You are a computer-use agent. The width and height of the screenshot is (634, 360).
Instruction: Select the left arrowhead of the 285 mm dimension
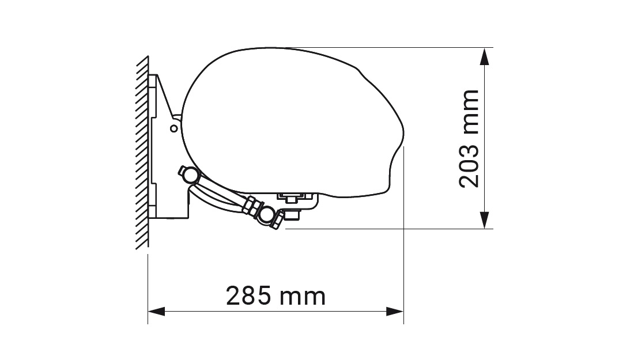157,312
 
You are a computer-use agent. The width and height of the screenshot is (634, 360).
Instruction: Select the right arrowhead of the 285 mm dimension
395,312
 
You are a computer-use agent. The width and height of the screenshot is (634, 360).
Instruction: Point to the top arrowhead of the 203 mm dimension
485,56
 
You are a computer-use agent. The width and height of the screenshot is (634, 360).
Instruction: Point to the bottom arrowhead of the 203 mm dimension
485,220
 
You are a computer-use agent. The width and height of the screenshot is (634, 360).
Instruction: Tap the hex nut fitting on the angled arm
251,206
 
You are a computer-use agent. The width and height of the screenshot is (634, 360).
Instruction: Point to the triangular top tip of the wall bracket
158,77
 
